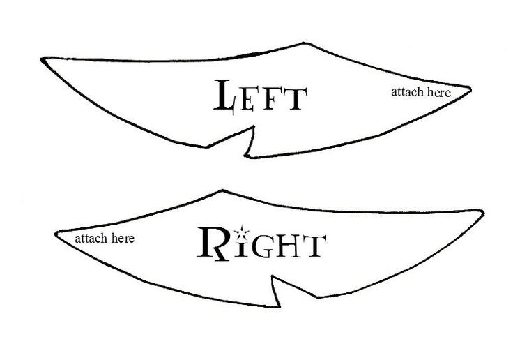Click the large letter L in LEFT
pyautogui.click(x=225, y=96)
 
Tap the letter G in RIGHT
pyautogui.click(x=262, y=246)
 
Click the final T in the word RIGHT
pyautogui.click(x=313, y=246)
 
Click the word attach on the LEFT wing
pyautogui.click(x=406, y=91)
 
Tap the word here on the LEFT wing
pyautogui.click(x=438, y=91)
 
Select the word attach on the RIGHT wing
pyautogui.click(x=89, y=239)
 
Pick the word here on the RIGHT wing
pyautogui.click(x=122, y=239)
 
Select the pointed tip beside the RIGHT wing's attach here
pyautogui.click(x=55, y=232)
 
